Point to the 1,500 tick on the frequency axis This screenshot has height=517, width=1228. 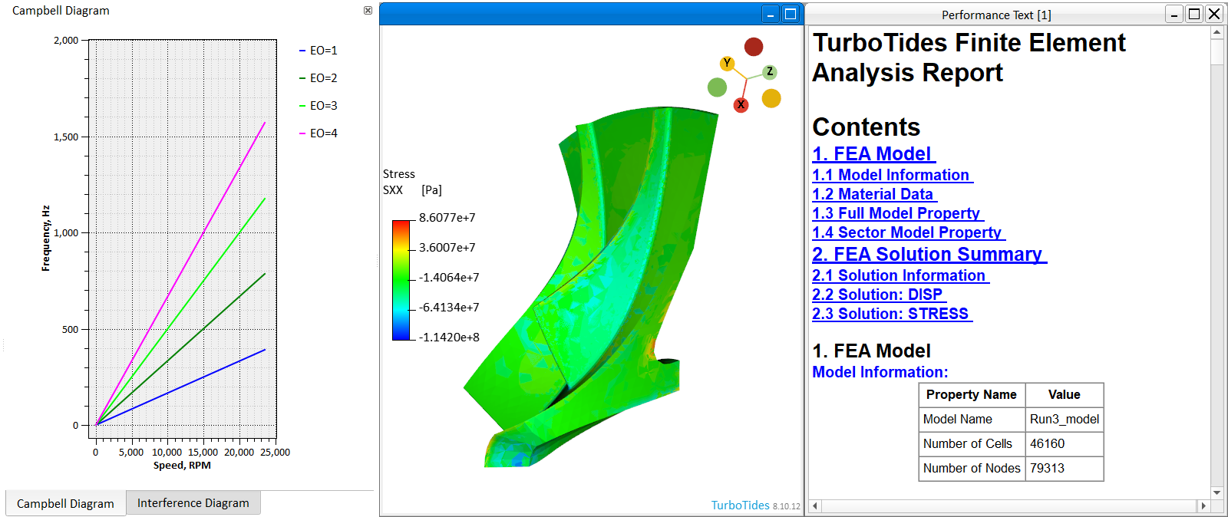(x=66, y=137)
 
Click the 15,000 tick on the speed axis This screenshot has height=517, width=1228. (x=203, y=453)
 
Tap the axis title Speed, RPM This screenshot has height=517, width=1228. (x=182, y=466)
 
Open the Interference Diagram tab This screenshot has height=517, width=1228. (x=193, y=503)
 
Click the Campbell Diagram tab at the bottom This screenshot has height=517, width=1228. (x=65, y=504)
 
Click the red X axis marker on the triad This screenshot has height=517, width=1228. (x=741, y=105)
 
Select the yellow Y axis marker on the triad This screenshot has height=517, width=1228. (x=727, y=63)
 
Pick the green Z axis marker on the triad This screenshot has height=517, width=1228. (x=770, y=72)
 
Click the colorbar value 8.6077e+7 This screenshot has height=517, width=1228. (x=447, y=218)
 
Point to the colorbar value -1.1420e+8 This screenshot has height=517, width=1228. (x=449, y=338)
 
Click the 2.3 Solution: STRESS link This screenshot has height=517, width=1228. (x=890, y=314)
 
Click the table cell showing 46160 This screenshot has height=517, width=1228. (x=1048, y=443)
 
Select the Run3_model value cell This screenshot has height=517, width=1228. (x=1064, y=419)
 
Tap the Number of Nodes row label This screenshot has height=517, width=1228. (x=971, y=468)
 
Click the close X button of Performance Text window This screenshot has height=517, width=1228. (x=1214, y=14)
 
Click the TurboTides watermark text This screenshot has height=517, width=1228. (x=740, y=505)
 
